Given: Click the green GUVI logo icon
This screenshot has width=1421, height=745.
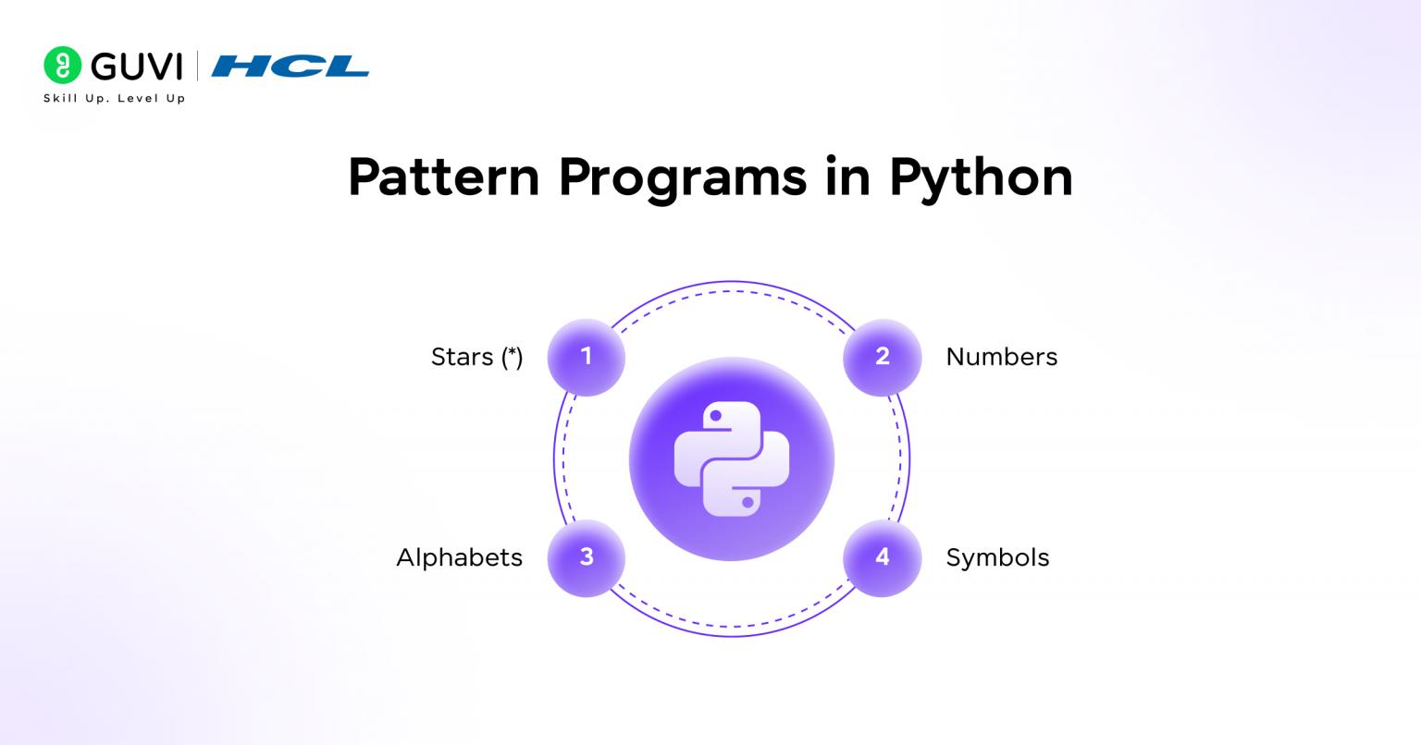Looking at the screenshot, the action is tap(62, 65).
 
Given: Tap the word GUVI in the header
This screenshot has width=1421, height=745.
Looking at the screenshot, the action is tap(137, 67).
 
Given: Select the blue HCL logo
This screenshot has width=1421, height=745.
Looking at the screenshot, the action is tap(290, 66).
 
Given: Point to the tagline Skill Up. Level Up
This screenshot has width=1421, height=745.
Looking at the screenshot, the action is tap(114, 98).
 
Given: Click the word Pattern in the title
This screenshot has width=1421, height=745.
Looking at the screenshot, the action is tap(443, 177).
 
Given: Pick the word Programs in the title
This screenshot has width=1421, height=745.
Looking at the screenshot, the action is tap(683, 180).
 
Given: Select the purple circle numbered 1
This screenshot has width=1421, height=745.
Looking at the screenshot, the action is tap(587, 357).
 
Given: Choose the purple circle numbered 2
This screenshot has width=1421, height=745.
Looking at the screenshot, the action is tap(882, 357).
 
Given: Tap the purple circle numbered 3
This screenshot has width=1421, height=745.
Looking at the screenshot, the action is tap(587, 558).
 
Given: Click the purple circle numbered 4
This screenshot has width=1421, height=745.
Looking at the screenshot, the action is tap(882, 558).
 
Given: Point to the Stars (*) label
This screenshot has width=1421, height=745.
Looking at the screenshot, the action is tap(477, 357).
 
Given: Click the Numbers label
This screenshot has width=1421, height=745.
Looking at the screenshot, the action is tap(1002, 357).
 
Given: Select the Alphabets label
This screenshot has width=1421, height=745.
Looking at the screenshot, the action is tap(459, 557).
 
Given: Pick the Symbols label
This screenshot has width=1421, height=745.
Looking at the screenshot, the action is tap(997, 558).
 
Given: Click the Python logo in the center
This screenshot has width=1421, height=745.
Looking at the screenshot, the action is tap(732, 458).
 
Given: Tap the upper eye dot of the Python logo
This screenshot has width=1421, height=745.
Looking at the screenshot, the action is tap(715, 416).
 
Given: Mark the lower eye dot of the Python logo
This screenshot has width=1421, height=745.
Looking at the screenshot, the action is tap(748, 502).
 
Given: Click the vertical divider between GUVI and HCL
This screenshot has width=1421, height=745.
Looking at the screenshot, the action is tap(197, 66).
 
